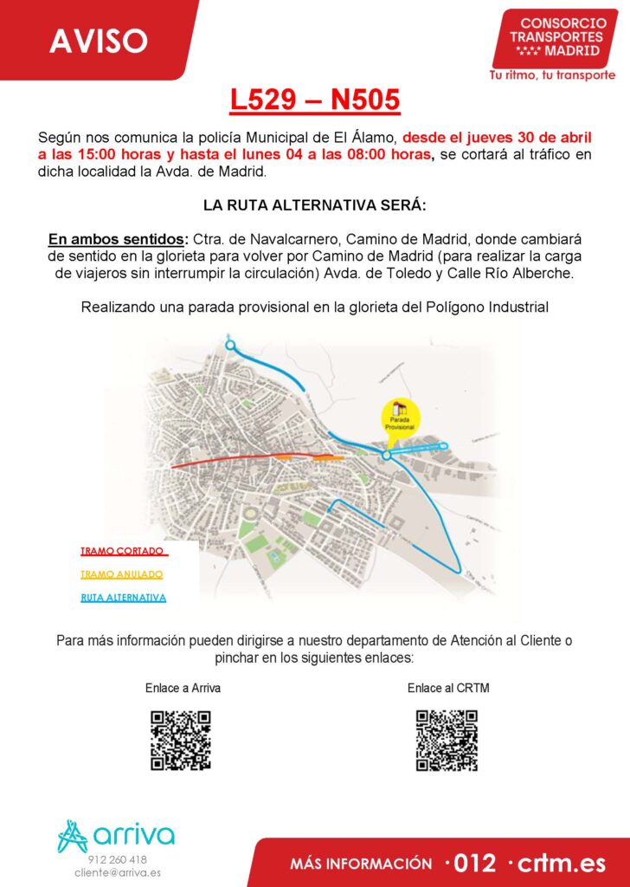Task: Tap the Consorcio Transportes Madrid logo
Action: pos(556,38)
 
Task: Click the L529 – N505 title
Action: pos(315,100)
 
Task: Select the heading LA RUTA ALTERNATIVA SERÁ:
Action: pos(315,206)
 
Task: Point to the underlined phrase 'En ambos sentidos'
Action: pos(117,240)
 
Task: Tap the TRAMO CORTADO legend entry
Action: pos(123,551)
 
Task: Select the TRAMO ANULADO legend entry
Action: pos(121,574)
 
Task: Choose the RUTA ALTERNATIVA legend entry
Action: pos(123,598)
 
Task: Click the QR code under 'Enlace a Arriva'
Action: pos(181,740)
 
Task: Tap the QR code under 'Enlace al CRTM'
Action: pos(447,740)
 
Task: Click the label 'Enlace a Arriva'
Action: pos(183,689)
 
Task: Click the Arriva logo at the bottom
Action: pos(116,835)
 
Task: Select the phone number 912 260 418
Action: pos(118,859)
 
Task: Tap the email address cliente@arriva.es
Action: pos(118,872)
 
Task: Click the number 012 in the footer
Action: pos(472,863)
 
